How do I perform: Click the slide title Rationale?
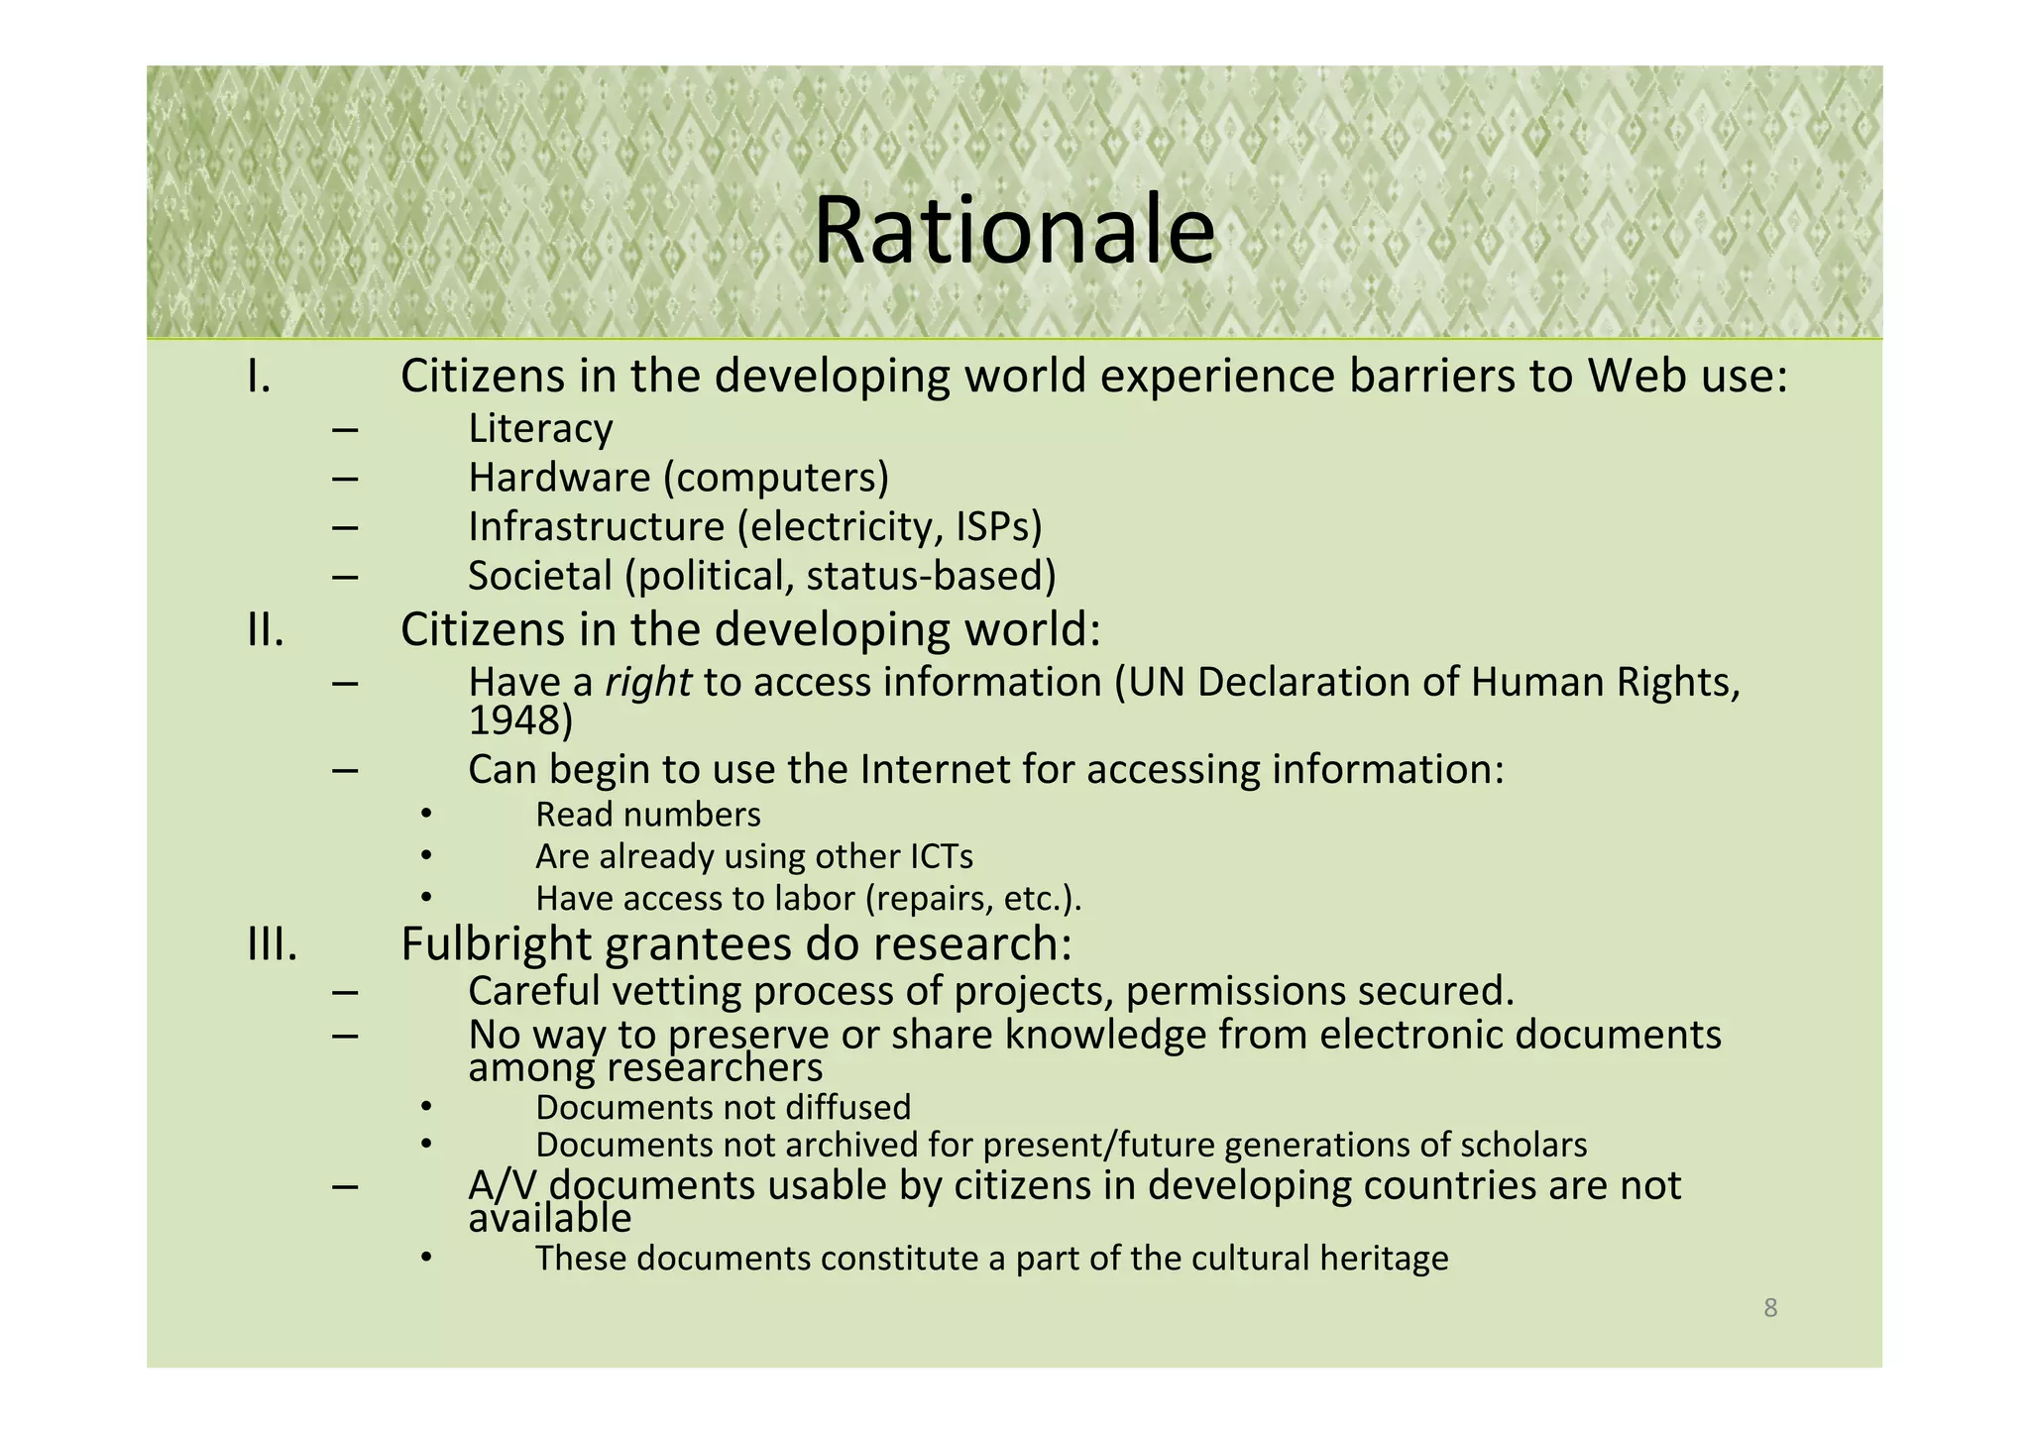pyautogui.click(x=1013, y=231)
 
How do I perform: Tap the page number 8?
pyautogui.click(x=1770, y=1308)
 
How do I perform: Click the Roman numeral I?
pyautogui.click(x=259, y=377)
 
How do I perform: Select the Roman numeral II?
pyautogui.click(x=266, y=630)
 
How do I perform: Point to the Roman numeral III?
pyautogui.click(x=273, y=944)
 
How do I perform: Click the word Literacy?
pyautogui.click(x=540, y=429)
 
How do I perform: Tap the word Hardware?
pyautogui.click(x=559, y=478)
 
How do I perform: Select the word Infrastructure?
pyautogui.click(x=597, y=526)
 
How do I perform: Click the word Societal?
pyautogui.click(x=540, y=576)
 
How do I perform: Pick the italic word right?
pyautogui.click(x=648, y=682)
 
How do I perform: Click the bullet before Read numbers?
pyautogui.click(x=425, y=815)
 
